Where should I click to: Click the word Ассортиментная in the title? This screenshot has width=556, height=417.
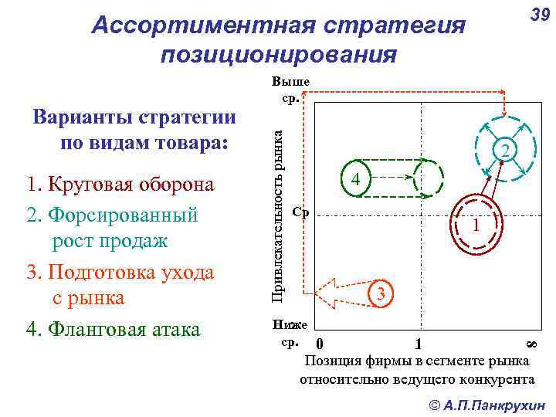point(184,25)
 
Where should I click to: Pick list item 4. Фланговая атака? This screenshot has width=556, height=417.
point(113,329)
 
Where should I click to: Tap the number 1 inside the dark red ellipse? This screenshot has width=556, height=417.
point(477,225)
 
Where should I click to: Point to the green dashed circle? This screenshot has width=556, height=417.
point(429,179)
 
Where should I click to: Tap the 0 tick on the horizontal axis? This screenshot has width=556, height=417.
point(320,344)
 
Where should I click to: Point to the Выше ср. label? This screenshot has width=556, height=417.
point(291,90)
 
